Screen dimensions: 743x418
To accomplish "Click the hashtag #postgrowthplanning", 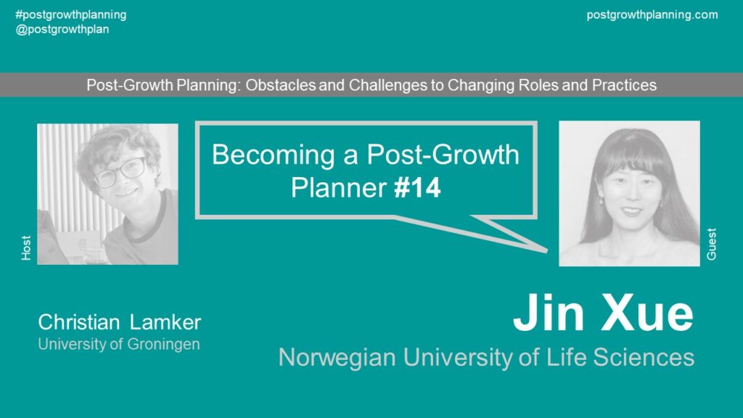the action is [71, 15].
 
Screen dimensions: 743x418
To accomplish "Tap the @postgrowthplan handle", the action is [62, 29].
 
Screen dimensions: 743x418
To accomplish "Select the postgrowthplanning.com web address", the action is [652, 15].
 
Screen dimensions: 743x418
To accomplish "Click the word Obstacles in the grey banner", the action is [281, 85].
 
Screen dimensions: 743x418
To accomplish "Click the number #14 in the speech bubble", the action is [417, 188].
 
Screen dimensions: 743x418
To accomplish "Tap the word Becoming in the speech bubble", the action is [273, 155].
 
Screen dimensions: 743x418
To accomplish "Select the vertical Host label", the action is [26, 247].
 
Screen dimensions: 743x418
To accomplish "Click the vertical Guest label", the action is [711, 244].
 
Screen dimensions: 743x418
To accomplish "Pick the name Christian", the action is [79, 322].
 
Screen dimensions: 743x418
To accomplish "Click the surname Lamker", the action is [165, 322].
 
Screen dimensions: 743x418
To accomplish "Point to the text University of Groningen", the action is [119, 344].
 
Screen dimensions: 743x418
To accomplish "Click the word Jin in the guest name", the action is [549, 313].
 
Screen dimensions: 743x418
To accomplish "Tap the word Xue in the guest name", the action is [646, 313].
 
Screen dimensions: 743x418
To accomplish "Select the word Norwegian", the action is [337, 357].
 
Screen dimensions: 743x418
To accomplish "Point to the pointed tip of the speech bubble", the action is [547, 250].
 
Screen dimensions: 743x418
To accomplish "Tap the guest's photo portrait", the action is [629, 193].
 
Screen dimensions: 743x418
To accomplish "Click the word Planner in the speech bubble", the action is [339, 188].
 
